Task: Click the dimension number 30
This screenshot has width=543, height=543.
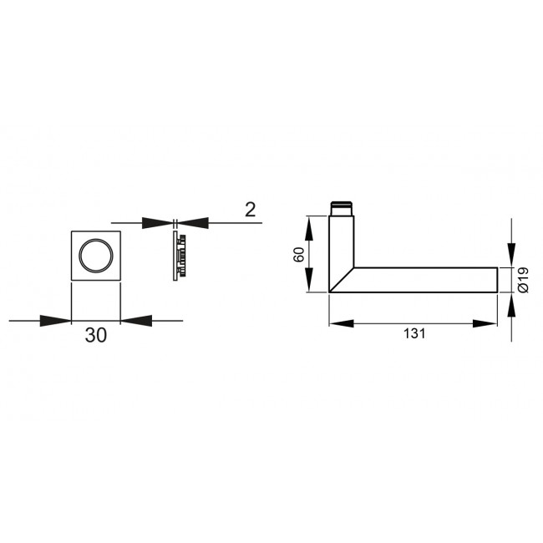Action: pyautogui.click(x=96, y=335)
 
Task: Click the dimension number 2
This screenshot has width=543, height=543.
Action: pyautogui.click(x=250, y=210)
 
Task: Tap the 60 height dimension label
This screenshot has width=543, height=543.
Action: pyautogui.click(x=299, y=254)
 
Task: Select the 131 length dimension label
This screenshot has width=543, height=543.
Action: pyautogui.click(x=414, y=333)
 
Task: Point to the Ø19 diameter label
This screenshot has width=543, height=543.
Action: pyautogui.click(x=523, y=280)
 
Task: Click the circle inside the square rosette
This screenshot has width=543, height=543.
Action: pyautogui.click(x=96, y=255)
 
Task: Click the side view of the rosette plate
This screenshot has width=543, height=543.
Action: pyautogui.click(x=179, y=256)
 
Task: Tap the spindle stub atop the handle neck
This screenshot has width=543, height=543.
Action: pyautogui.click(x=341, y=209)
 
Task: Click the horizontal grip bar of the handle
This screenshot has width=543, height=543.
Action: pyautogui.click(x=426, y=280)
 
